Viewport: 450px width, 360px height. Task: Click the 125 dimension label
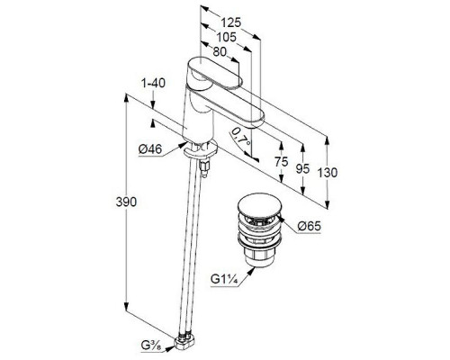coord(231,22)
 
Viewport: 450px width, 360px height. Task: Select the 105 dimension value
coord(227,37)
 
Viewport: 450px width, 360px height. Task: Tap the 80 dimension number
coord(220,51)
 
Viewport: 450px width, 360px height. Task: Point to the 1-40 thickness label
coord(153,83)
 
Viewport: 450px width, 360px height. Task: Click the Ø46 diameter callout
coord(150,148)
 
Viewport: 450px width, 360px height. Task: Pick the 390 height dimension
coord(126,202)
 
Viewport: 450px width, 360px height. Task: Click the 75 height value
coord(281,162)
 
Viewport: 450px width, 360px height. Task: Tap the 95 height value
coord(302,168)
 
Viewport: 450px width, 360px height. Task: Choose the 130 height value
coord(328,173)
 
